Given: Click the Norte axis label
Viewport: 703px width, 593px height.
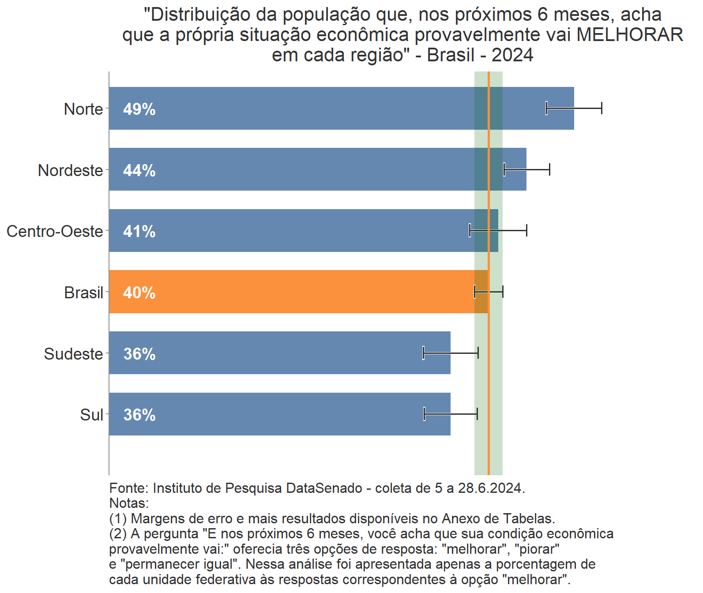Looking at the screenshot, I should coord(83,109).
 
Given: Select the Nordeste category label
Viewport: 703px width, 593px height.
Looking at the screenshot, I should coord(70,170).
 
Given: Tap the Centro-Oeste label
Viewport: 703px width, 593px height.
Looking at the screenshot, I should coord(55,231).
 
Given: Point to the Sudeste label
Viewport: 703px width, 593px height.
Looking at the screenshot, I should coord(73,354).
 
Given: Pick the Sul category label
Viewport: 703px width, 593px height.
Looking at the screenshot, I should coord(91,415).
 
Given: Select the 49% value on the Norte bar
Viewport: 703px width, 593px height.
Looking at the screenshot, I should coord(139,109).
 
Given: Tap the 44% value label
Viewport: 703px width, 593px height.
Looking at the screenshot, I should coord(139,170).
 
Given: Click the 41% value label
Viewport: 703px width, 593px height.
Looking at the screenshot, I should coord(139,231).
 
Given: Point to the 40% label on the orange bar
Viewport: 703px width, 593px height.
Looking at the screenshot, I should coord(139,293).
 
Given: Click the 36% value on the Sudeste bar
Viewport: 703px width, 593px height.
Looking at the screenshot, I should coord(139,354).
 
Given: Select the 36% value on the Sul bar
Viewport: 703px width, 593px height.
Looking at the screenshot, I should coord(139,415).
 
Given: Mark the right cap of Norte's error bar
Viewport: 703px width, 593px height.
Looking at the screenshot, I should coord(601,108).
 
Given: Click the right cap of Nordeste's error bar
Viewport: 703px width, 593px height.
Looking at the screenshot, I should coord(549,169).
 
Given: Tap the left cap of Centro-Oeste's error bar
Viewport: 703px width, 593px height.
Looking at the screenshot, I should coord(470,230).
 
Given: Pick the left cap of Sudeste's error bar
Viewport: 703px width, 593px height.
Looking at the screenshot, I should coord(423,353).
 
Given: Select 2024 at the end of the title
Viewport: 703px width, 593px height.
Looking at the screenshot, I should coord(512,55).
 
